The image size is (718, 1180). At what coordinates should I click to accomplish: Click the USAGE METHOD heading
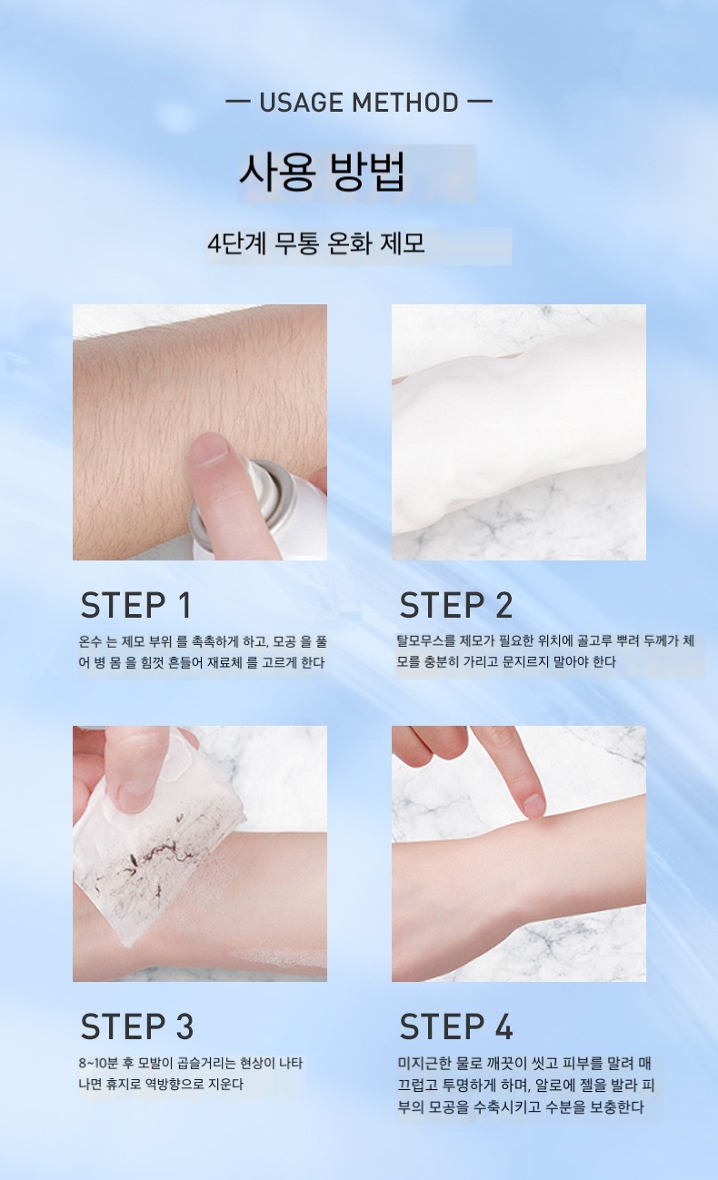point(358,103)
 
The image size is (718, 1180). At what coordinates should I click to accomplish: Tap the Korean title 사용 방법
point(322,173)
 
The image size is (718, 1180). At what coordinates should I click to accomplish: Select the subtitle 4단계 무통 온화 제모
point(315,243)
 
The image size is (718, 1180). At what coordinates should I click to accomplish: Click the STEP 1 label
point(135,605)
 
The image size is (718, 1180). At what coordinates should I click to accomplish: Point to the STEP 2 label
point(456,605)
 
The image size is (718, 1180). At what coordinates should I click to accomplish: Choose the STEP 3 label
point(137,1026)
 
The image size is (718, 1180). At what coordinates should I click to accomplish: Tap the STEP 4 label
point(456,1026)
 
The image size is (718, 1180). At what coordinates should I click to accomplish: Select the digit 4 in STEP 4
point(504,1026)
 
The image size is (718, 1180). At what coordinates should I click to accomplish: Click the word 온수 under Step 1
point(90,641)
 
